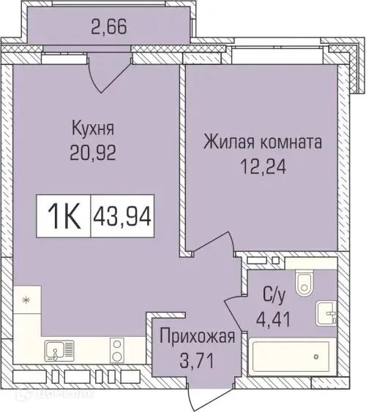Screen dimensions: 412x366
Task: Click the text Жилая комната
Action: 262,140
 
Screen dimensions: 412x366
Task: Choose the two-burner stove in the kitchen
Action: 116,352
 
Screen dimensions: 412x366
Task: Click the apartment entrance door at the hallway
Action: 192,394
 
